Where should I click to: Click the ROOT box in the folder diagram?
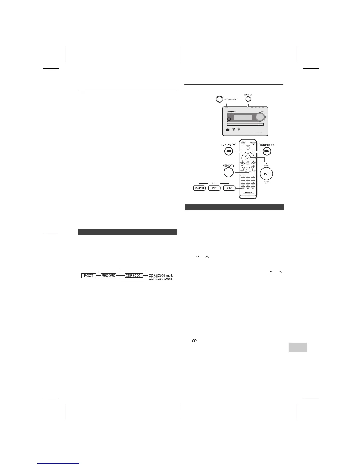coord(89,276)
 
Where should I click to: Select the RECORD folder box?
coord(108,276)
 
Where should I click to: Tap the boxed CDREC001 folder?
coord(134,276)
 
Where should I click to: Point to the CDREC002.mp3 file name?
coord(161,279)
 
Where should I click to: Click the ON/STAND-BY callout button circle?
coord(219,99)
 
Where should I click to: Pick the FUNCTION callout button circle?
coord(249,99)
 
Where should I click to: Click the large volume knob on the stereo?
coord(260,117)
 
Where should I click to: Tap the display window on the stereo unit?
coord(243,117)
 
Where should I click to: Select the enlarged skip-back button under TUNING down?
coord(229,151)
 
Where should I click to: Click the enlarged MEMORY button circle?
coord(228,172)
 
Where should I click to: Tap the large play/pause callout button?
coord(266,174)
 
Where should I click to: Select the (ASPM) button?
coord(199,188)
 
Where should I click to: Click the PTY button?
coord(214,188)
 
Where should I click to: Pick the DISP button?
coord(229,188)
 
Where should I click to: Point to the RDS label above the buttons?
coord(214,183)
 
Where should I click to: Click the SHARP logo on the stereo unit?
coord(232,112)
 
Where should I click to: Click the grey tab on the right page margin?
coord(298,347)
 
